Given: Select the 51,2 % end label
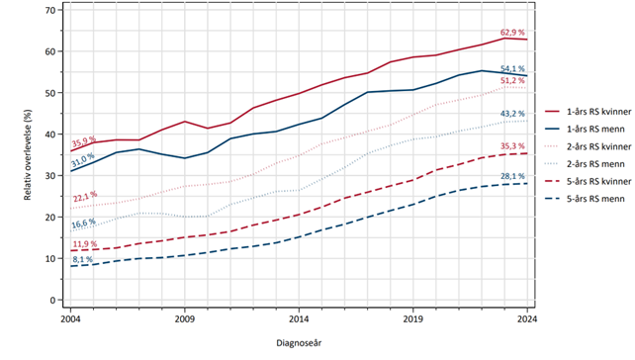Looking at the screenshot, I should [x=512, y=80].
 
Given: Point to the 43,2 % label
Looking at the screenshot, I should [x=511, y=114].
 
